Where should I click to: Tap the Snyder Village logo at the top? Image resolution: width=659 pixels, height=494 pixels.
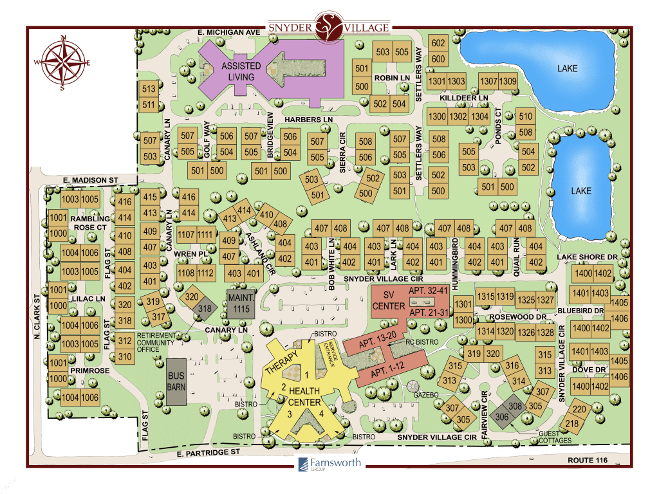[x=329, y=26]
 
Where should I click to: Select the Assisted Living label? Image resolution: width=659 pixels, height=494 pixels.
[x=241, y=71]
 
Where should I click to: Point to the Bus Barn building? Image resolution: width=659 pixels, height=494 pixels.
[x=176, y=382]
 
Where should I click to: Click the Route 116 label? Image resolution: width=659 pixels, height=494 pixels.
[x=588, y=460]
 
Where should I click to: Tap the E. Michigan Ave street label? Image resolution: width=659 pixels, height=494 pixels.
[x=228, y=31]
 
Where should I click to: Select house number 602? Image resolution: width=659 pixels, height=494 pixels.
[x=438, y=43]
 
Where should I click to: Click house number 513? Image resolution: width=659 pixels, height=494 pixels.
[x=149, y=89]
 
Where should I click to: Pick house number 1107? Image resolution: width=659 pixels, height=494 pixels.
[x=187, y=234]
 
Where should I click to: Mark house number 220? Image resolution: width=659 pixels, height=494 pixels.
[x=579, y=409]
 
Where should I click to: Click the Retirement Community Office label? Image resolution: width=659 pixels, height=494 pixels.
[x=159, y=340]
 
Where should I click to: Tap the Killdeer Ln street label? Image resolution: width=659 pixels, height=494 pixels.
[x=464, y=98]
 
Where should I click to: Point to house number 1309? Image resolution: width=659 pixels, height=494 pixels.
[x=508, y=81]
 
